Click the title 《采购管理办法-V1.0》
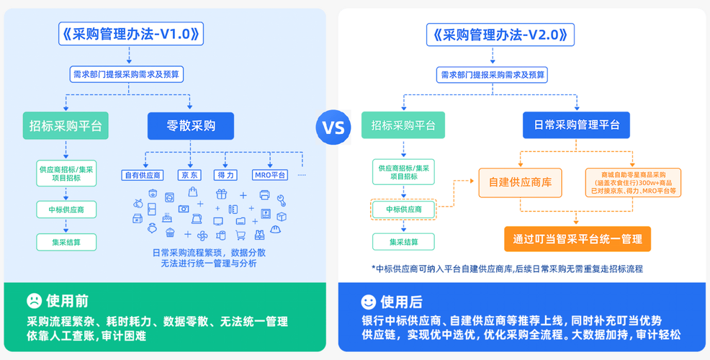click(x=130, y=34)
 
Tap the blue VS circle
click(x=333, y=128)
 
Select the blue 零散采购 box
click(x=191, y=126)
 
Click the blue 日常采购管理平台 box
click(x=576, y=125)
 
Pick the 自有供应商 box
click(x=143, y=175)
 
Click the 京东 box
click(x=190, y=175)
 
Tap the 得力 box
click(x=225, y=175)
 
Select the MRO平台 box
click(x=270, y=175)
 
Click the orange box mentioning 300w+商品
click(x=634, y=182)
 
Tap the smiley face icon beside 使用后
click(x=368, y=301)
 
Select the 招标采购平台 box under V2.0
click(x=403, y=125)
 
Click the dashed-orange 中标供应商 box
click(x=403, y=210)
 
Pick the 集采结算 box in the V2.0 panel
click(x=403, y=242)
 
